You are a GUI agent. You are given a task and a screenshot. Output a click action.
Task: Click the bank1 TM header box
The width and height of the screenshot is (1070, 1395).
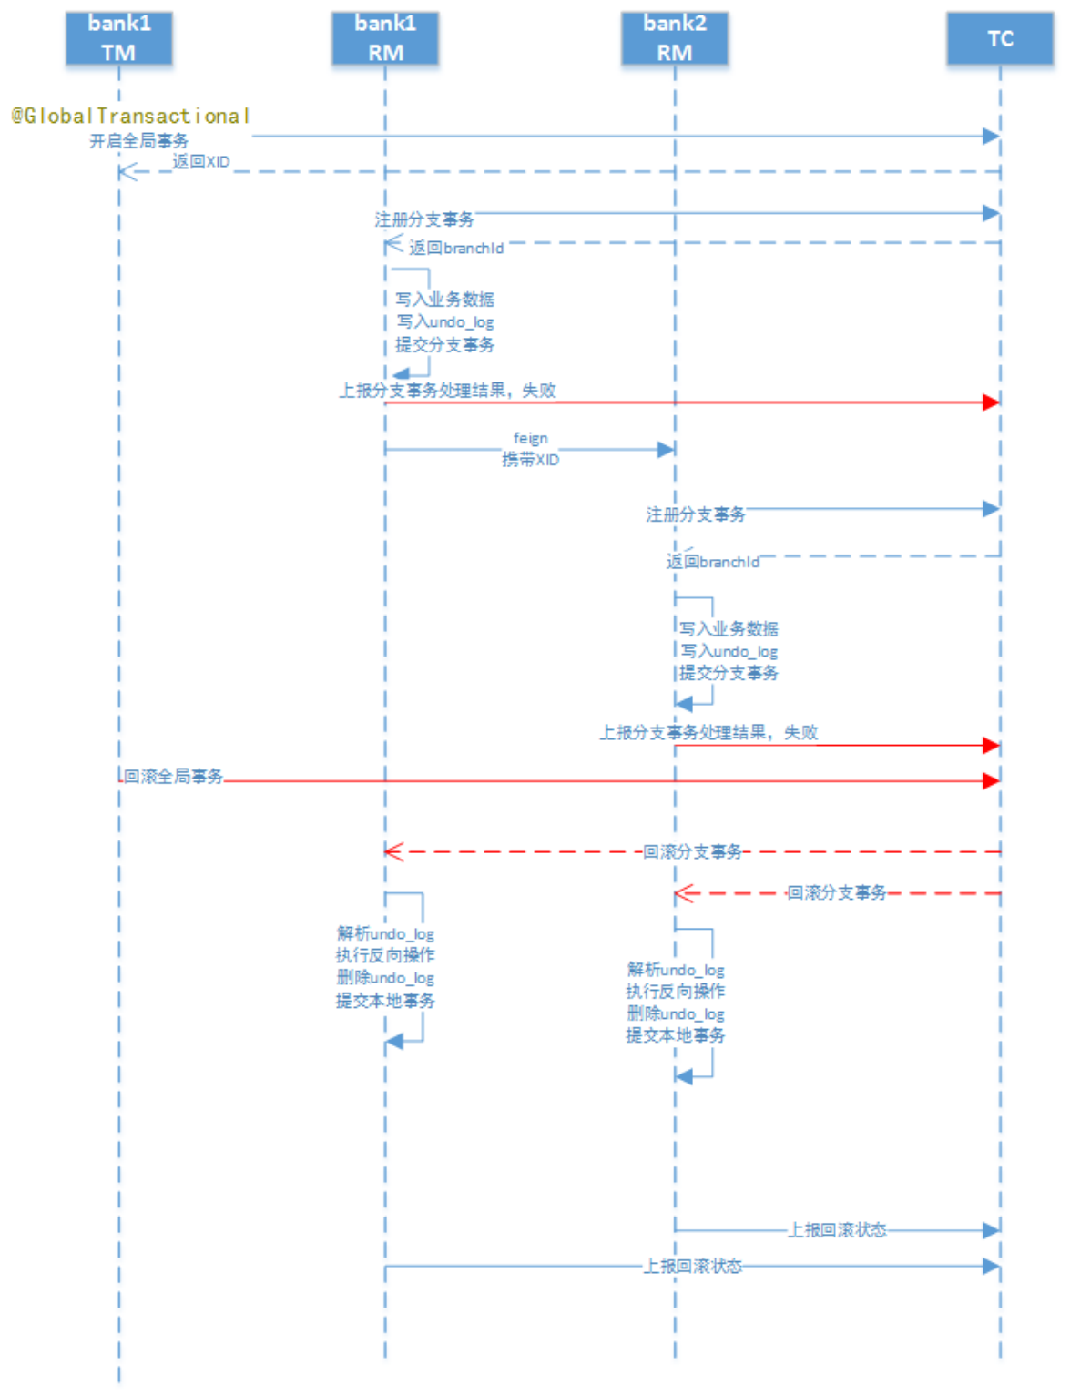click(118, 38)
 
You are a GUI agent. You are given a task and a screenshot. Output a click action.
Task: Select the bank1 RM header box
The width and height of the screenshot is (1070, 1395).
click(385, 38)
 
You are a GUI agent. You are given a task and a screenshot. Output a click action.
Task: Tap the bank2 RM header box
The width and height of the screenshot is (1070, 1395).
click(675, 38)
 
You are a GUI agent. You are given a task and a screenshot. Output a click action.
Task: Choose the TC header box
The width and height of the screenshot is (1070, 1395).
click(1000, 38)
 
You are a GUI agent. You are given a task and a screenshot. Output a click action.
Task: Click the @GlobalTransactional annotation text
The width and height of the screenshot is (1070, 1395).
click(130, 117)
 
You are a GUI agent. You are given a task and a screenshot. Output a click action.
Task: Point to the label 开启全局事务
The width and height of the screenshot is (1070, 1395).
click(138, 141)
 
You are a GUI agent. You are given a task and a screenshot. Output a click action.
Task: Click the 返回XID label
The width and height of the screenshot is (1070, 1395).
click(201, 162)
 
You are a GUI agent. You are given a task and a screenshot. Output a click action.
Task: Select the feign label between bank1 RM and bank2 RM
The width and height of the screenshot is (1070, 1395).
click(531, 438)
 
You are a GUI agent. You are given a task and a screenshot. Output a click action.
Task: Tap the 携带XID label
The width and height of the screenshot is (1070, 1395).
click(531, 460)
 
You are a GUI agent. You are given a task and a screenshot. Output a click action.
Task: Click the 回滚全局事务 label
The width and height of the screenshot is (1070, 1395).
click(173, 776)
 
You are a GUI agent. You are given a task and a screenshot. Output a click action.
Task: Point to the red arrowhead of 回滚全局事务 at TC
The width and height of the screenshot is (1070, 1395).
click(992, 780)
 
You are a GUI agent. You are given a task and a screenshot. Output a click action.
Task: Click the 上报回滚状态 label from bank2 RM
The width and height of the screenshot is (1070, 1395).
click(837, 1230)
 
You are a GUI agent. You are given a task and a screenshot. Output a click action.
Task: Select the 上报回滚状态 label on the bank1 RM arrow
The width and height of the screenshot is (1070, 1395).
click(693, 1266)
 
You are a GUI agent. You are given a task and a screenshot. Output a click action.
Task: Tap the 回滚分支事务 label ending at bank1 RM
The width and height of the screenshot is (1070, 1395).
click(692, 851)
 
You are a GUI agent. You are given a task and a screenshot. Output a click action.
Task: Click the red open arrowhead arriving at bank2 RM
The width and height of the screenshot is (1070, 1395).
click(683, 893)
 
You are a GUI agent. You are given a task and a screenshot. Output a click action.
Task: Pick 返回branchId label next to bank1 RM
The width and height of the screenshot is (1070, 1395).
click(455, 248)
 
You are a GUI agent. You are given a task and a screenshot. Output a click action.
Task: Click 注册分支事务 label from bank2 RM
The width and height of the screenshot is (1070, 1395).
click(696, 514)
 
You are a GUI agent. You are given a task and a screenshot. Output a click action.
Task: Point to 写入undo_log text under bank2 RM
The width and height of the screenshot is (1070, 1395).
click(729, 651)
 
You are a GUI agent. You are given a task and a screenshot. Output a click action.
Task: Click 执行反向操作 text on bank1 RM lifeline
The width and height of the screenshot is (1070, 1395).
click(385, 955)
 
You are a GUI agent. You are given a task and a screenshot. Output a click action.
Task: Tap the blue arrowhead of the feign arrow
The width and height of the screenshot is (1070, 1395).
click(666, 449)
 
